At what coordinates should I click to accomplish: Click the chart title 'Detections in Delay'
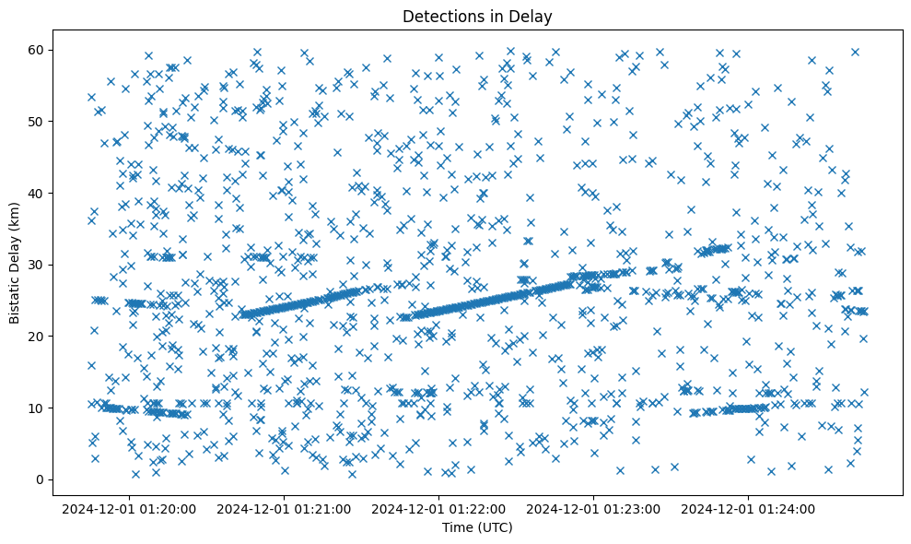pos(477,17)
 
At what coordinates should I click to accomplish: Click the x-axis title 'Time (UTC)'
pos(477,528)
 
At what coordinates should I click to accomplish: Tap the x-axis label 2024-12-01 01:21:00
pos(285,508)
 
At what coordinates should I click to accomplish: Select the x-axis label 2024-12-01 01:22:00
pos(439,508)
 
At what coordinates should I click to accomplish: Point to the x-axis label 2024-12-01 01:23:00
pos(594,508)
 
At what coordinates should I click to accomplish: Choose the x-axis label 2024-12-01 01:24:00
pos(749,508)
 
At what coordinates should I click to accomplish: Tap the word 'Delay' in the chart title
pos(532,17)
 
